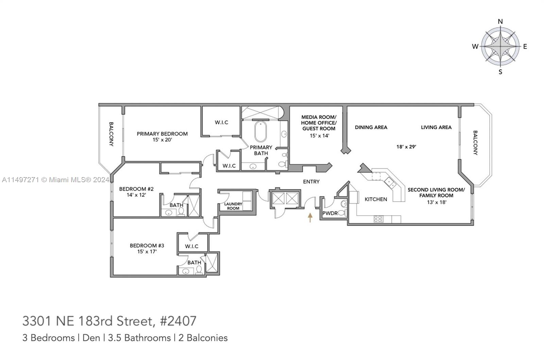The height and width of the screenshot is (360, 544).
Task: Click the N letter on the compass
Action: point(500,22)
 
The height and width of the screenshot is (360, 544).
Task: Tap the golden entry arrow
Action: point(310,218)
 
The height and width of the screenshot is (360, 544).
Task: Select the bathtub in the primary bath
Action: point(260,131)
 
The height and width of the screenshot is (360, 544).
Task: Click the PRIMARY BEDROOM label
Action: point(162,134)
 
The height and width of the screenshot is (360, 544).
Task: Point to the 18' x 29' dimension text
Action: point(406,147)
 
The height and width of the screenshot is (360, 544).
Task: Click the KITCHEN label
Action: point(376,199)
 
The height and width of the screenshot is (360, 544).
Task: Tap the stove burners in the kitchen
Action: point(378,219)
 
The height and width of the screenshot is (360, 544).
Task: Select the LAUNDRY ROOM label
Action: point(233,206)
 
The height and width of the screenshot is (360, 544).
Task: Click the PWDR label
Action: point(330,213)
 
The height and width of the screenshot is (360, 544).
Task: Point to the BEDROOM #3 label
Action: point(147,246)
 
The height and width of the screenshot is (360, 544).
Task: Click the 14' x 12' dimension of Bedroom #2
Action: point(136,195)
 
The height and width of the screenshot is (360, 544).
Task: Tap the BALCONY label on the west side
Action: point(111,134)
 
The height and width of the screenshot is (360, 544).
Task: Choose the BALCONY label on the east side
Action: point(475,143)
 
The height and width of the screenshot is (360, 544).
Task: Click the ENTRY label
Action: point(311,182)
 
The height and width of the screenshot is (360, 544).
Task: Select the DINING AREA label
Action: point(371,127)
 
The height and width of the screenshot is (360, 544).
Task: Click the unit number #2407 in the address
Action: point(178,321)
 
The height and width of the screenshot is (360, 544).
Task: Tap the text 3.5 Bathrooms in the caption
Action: point(139,338)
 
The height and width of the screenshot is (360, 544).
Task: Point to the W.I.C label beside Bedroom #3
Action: point(192,246)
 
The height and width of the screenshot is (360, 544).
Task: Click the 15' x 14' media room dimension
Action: point(319,136)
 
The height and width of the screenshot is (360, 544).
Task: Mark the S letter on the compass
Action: point(500,72)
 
